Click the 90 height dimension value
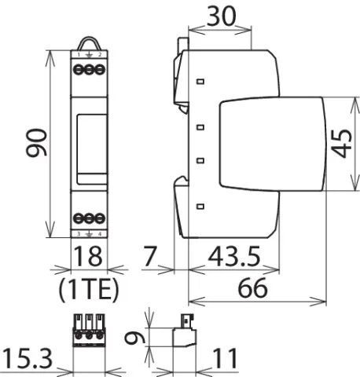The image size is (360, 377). coord(37,143)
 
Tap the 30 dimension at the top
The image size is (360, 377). coord(222,16)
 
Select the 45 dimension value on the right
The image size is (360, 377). coord(342,144)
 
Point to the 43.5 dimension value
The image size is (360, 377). coord(234,256)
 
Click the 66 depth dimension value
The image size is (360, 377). coord(252,288)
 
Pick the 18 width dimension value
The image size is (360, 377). coord(88,256)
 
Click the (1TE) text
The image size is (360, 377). coord(89,288)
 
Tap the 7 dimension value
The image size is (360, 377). coord(150,256)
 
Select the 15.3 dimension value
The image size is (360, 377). coord(28,359)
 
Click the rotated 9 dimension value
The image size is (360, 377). coord(134,338)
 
